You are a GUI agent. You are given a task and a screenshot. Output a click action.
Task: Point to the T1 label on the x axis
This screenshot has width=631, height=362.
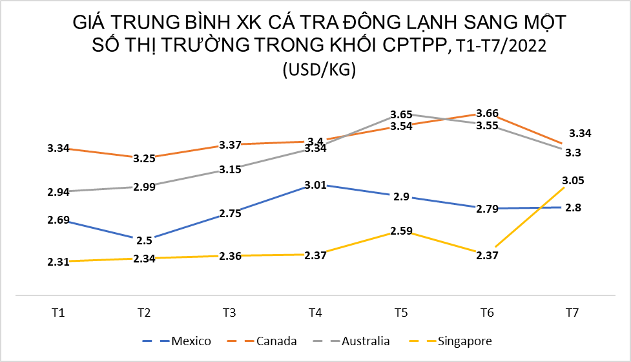pos(58,313)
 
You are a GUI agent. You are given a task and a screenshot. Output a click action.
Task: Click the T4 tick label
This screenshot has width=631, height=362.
pos(315,313)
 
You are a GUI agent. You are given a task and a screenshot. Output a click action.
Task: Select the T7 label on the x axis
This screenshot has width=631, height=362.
pos(572,313)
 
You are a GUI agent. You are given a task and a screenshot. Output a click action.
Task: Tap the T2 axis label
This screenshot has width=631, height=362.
pos(144,313)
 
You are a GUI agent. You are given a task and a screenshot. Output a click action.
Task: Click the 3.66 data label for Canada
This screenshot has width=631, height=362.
pos(487,113)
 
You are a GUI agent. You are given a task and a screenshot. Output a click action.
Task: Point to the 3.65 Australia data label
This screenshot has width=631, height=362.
pos(401,114)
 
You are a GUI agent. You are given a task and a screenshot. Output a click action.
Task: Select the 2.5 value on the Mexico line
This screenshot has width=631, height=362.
pos(145,240)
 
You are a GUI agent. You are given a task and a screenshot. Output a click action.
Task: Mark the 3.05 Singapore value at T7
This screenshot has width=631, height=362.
pos(573,180)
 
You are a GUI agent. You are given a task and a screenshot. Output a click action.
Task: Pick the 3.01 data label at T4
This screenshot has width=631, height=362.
pos(315,187)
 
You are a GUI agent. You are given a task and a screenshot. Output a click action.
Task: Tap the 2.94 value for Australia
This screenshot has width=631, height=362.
pos(58,192)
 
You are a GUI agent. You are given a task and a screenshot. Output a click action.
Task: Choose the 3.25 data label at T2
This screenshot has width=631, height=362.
pos(144,158)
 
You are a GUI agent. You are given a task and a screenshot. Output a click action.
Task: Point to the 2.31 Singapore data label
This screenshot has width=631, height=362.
pos(58,262)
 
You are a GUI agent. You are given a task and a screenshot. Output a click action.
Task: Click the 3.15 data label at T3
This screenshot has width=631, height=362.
pos(230,170)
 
